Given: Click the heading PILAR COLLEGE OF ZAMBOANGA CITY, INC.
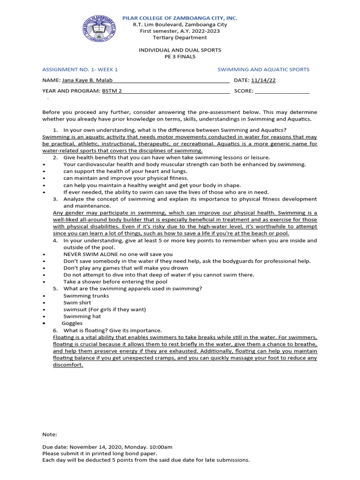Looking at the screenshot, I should point(180,18).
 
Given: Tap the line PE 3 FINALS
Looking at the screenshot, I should point(180,57).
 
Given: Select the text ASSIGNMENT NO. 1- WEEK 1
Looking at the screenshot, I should point(80,69).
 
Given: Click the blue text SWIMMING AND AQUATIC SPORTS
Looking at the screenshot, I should point(263,69).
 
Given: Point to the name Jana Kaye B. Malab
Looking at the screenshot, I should point(87,80).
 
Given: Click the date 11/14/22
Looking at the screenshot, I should point(263,80).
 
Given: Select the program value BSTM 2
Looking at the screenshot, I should point(112,91).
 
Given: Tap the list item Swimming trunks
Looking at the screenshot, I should point(86,296).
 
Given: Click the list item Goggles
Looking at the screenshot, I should point(72,323).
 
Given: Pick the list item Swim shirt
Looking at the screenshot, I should point(77,303).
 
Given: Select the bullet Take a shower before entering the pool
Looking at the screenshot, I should point(115,282).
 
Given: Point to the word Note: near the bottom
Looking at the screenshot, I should point(50,435).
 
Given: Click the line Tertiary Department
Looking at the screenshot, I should point(180,37).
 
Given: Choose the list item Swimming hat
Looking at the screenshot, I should point(82,316).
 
